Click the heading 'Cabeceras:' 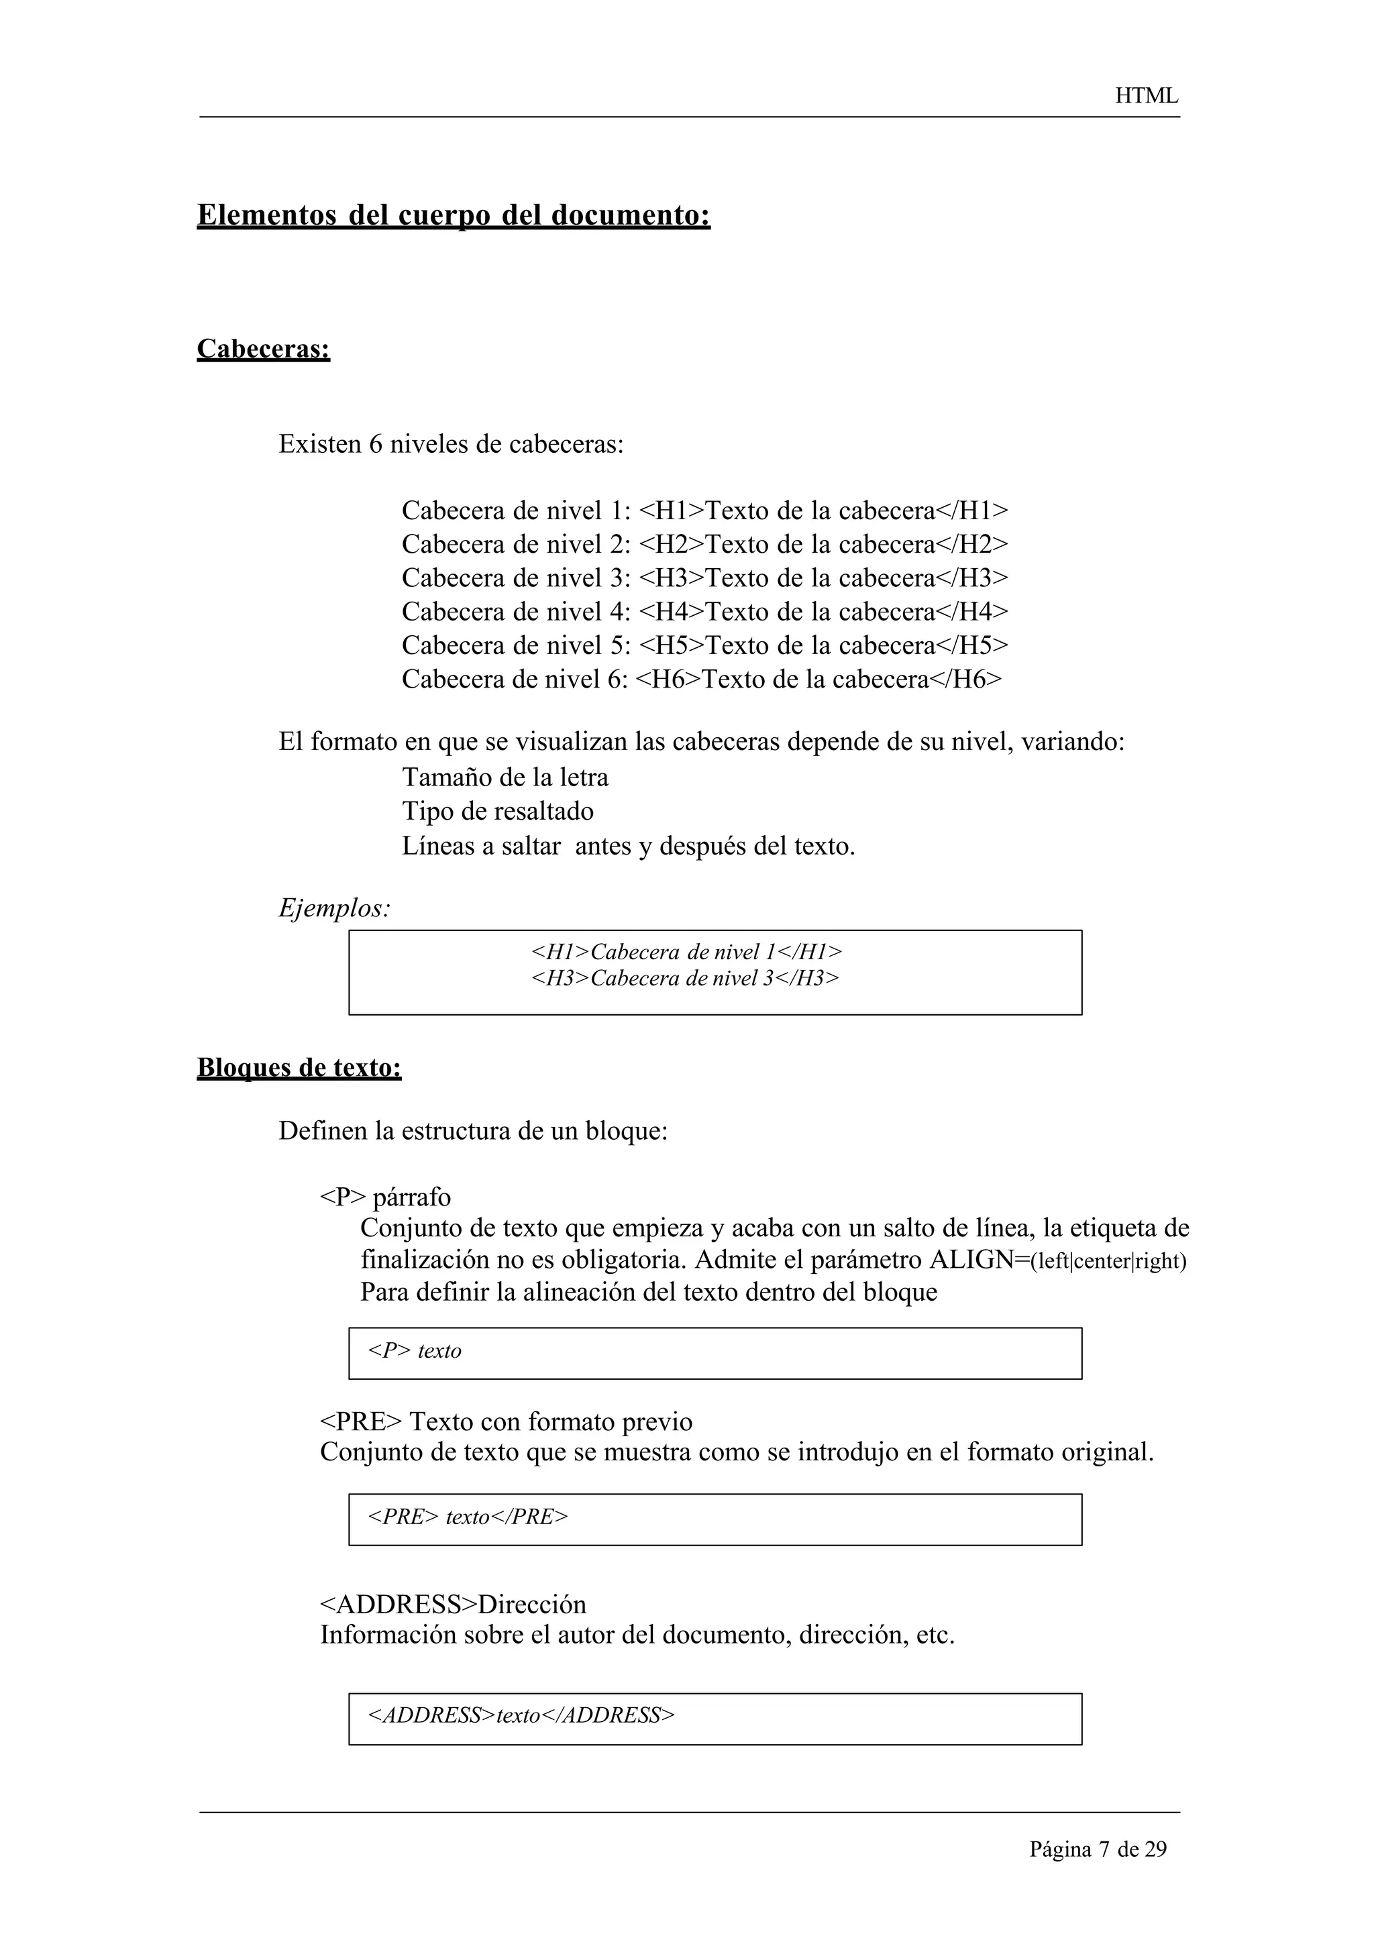tap(263, 348)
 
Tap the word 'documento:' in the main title tap(631, 215)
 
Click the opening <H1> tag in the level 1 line tap(672, 510)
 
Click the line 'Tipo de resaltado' tap(498, 811)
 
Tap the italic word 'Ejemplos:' tap(334, 908)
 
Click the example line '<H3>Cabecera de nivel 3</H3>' tap(685, 978)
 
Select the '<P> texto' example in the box tap(415, 1350)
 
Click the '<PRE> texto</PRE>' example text tap(468, 1517)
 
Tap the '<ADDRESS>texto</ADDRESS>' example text tap(521, 1715)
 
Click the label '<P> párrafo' tap(385, 1197)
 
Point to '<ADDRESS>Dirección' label tap(453, 1605)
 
